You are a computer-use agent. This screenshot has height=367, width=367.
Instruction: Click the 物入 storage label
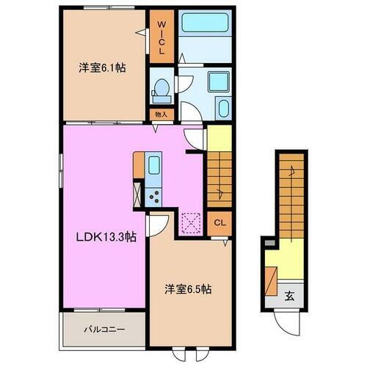pyautogui.click(x=161, y=115)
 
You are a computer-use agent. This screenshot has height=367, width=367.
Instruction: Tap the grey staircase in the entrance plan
pyautogui.click(x=289, y=195)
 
